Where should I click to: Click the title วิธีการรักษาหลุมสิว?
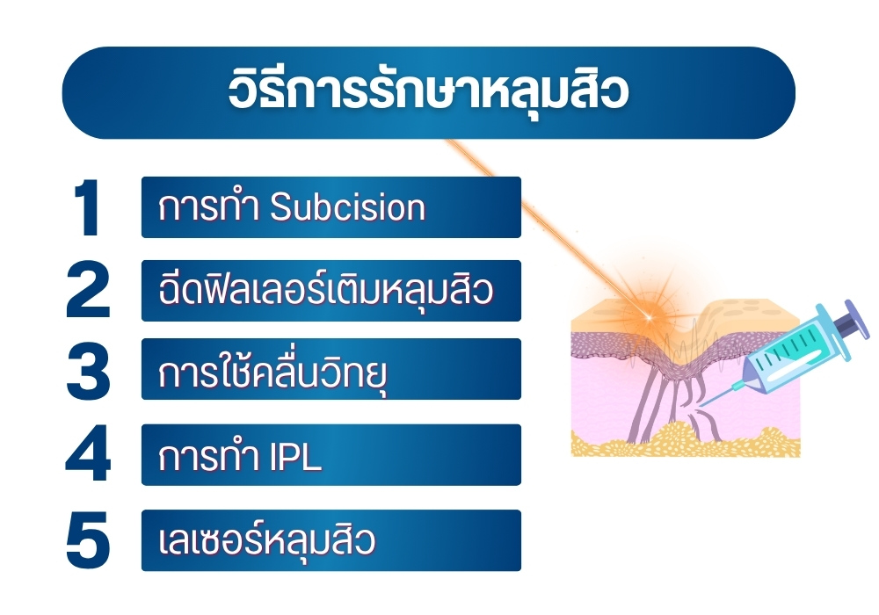pos(428,92)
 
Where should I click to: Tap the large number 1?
pos(88,208)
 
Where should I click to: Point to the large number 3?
pos(88,370)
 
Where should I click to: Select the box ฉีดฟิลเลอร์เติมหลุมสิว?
pos(331,291)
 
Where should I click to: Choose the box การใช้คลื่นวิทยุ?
pos(331,370)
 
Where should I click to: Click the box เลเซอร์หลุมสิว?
pos(331,540)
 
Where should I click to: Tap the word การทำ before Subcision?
pos(208,208)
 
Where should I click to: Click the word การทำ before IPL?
pos(208,457)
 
